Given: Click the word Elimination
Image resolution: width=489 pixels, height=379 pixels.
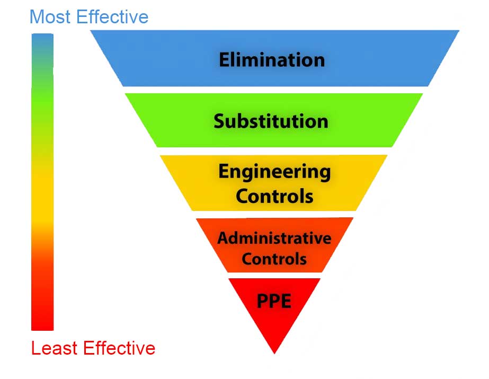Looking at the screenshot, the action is pyautogui.click(x=272, y=59).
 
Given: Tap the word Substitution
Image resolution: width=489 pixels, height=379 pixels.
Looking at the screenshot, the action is pyautogui.click(x=271, y=121).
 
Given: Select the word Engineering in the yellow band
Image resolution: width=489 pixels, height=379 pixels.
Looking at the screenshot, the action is pyautogui.click(x=274, y=172).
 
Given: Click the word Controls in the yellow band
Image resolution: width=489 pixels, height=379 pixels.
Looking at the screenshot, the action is pyautogui.click(x=274, y=196).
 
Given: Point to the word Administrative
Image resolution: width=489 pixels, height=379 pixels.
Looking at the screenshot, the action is pyautogui.click(x=274, y=238).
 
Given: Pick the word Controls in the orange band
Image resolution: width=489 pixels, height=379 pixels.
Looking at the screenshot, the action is pyautogui.click(x=274, y=259).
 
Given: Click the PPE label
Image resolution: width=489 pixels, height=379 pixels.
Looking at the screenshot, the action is pyautogui.click(x=274, y=301).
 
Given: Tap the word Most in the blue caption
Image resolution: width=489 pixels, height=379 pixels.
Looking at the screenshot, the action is pyautogui.click(x=50, y=17).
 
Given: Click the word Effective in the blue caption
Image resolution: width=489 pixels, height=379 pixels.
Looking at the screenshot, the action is pyautogui.click(x=112, y=17).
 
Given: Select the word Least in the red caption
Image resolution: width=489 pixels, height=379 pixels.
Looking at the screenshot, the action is pyautogui.click(x=54, y=348).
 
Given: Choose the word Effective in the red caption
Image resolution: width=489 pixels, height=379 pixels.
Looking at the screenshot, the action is pyautogui.click(x=119, y=348).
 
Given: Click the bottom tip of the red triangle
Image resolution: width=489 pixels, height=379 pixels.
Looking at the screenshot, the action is pyautogui.click(x=274, y=354).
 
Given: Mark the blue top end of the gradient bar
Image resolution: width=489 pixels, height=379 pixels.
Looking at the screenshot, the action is pyautogui.click(x=42, y=35).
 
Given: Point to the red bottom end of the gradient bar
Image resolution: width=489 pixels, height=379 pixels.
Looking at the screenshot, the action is pyautogui.click(x=42, y=329).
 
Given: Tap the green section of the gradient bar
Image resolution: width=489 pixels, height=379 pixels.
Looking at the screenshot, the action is pyautogui.click(x=42, y=100).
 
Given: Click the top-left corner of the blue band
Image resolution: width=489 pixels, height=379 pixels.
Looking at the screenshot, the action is pyautogui.click(x=91, y=31).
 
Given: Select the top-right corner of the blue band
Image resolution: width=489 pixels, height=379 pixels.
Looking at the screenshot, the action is pyautogui.click(x=459, y=31).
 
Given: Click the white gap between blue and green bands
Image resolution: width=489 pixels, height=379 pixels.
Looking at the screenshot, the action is pyautogui.click(x=274, y=90).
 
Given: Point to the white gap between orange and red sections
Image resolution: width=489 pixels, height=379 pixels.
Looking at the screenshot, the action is pyautogui.click(x=274, y=275).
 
